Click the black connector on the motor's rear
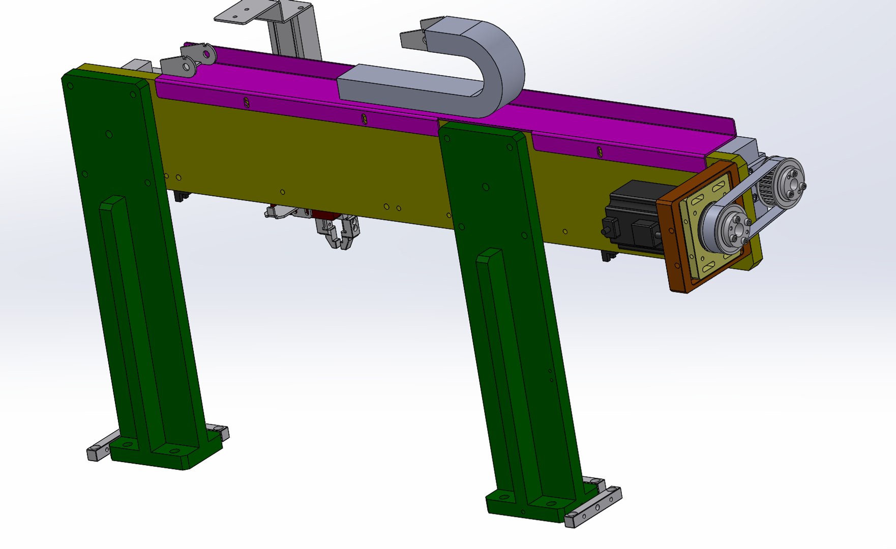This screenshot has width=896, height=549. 608,229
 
